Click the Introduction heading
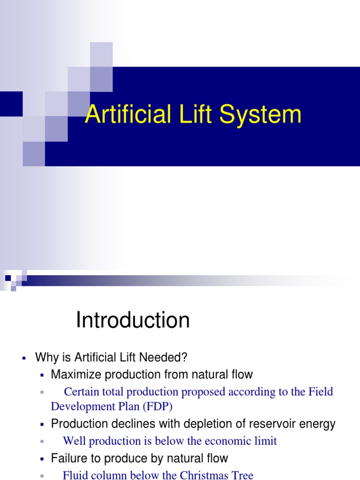(133, 321)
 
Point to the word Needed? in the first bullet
(166, 358)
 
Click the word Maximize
(73, 375)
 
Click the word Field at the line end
(321, 391)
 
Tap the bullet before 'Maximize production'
(42, 375)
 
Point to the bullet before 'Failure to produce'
(42, 458)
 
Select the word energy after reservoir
(318, 425)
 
